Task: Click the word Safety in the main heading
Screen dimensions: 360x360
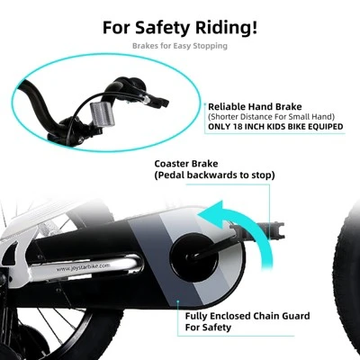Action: pos(163,28)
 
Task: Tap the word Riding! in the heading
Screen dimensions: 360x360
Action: pos(227,27)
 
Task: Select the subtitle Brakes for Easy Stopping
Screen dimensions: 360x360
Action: pos(180,46)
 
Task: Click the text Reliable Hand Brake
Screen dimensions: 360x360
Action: pos(255,107)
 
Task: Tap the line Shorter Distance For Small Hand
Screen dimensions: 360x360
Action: pos(271,116)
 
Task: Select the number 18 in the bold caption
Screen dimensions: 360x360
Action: pos(239,126)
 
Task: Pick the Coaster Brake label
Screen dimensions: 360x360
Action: pos(186,164)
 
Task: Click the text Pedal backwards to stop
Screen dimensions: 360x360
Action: pos(214,175)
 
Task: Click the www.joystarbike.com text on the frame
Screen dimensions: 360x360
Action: pos(82,267)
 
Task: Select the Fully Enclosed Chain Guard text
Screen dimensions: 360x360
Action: pos(247,316)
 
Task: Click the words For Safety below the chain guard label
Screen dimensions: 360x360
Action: pos(208,327)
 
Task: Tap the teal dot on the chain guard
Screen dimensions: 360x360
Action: pos(178,301)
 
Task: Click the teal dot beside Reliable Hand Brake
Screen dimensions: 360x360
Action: pos(205,104)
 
